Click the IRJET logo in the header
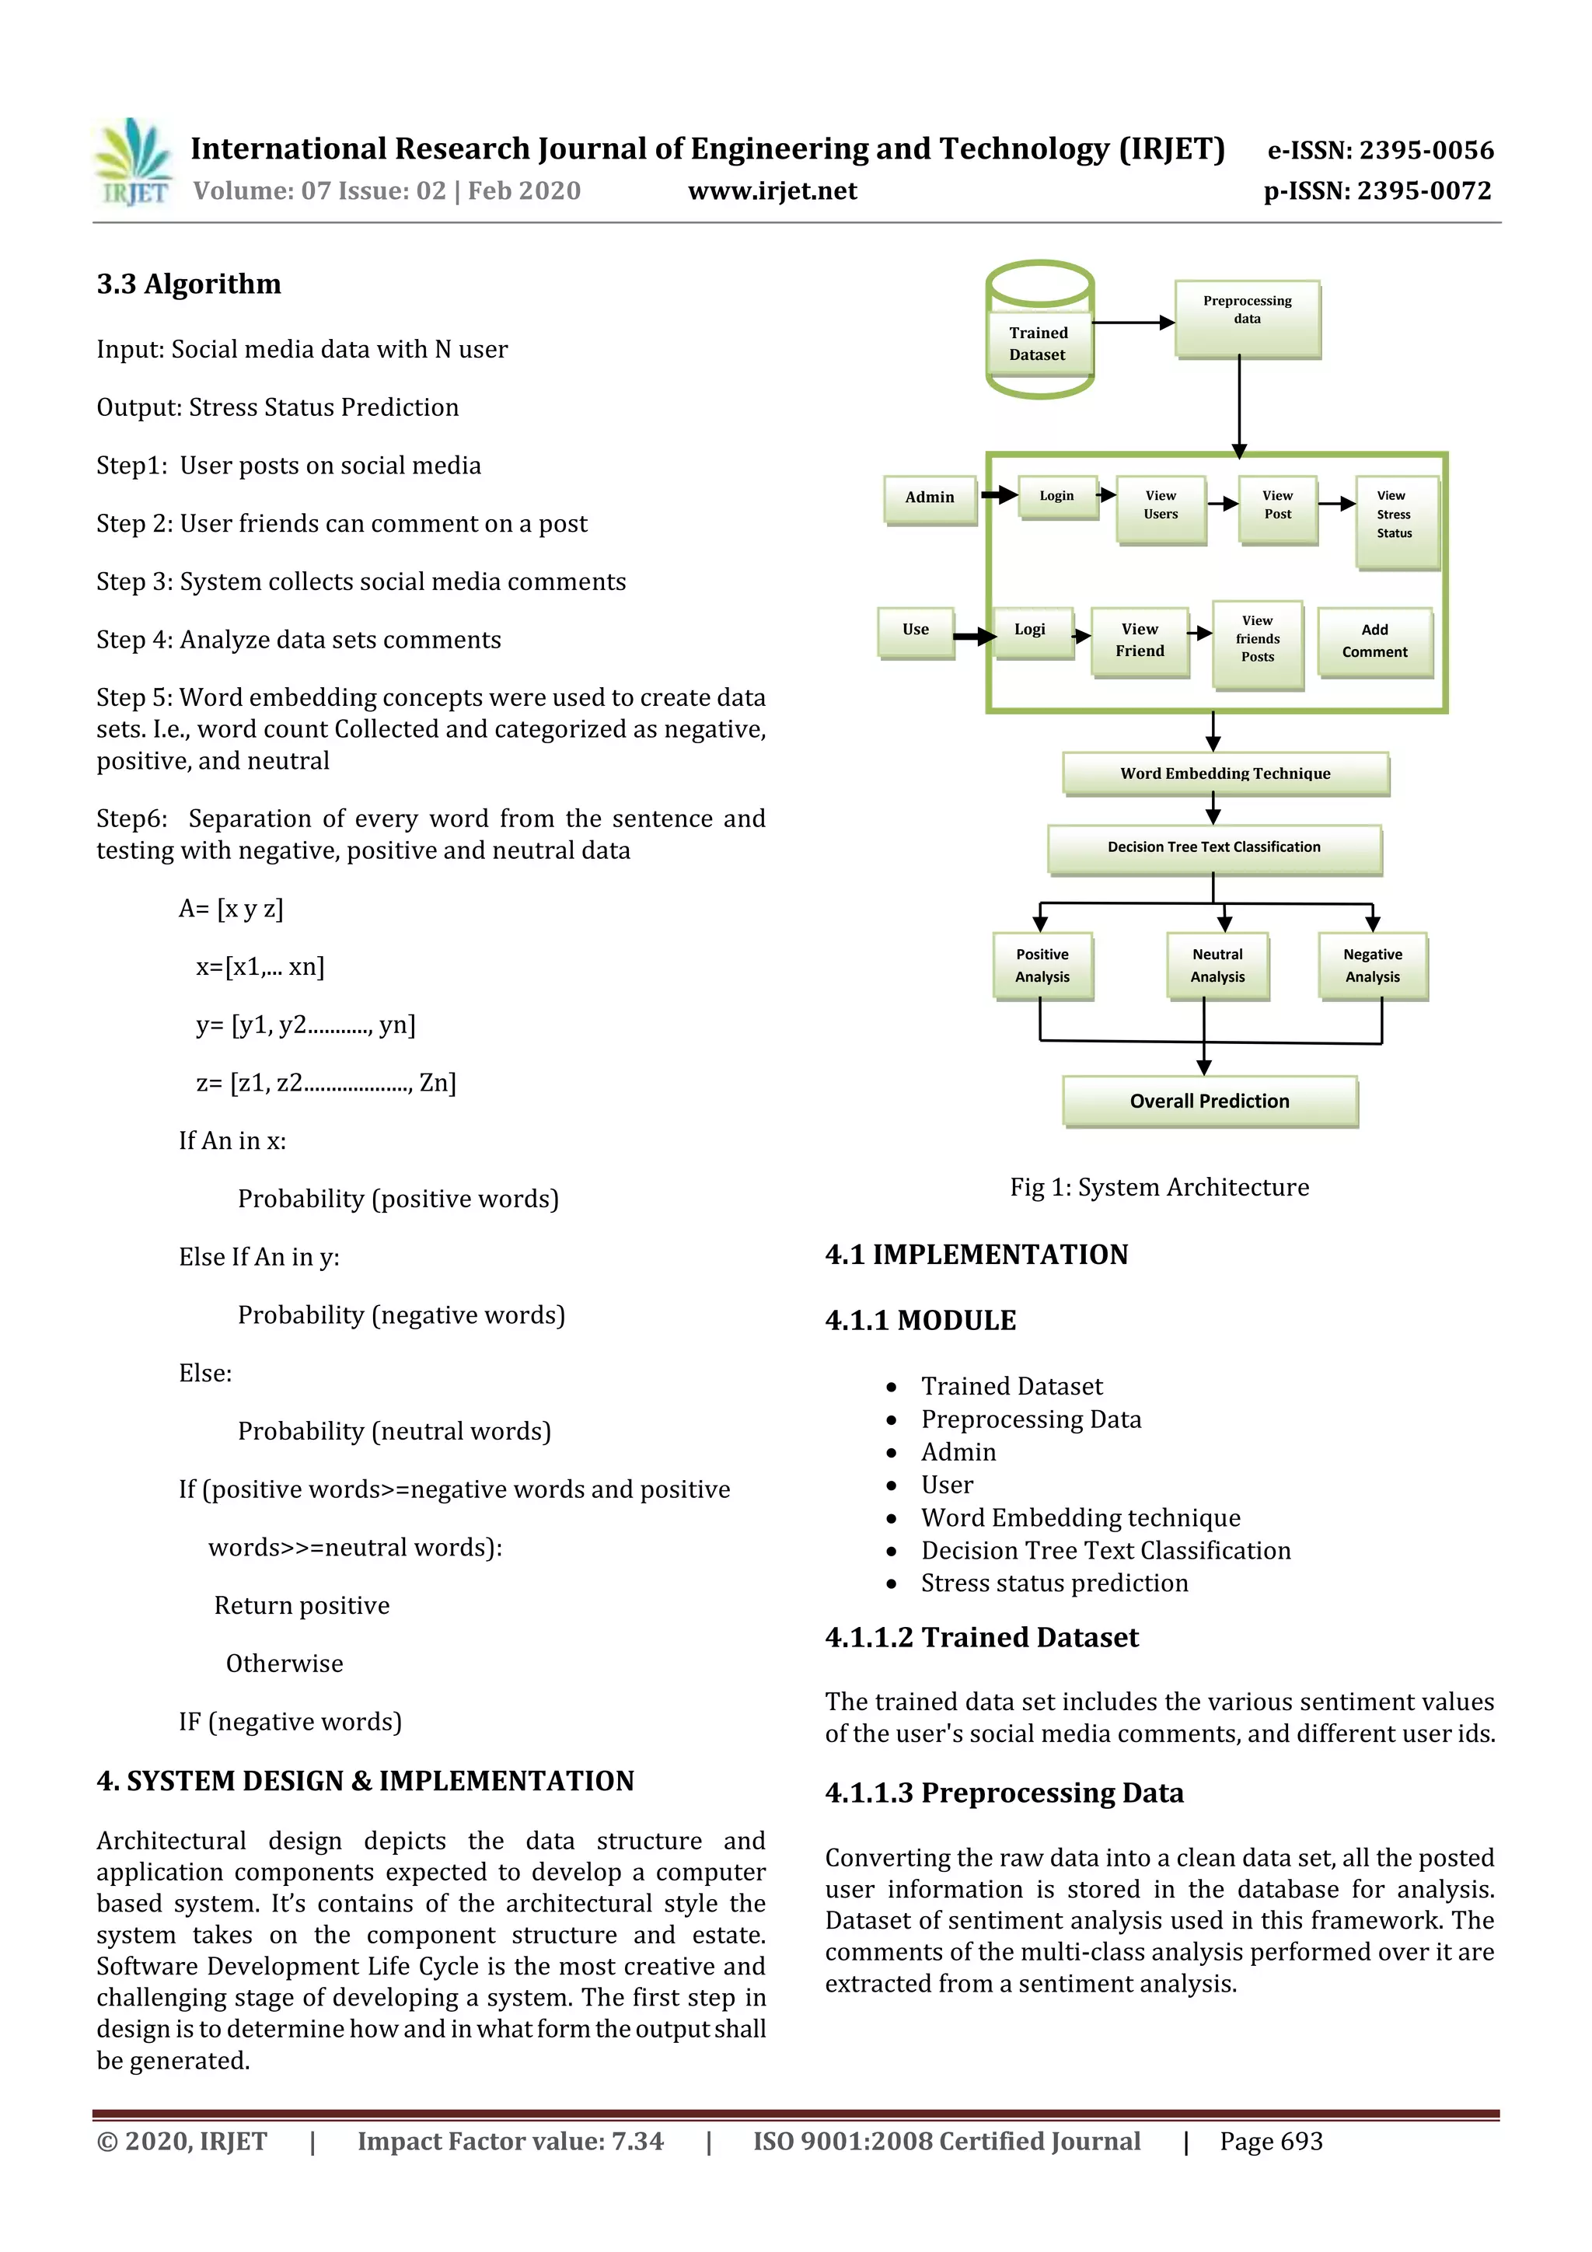[134, 162]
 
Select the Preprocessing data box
[1247, 319]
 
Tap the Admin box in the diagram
[929, 498]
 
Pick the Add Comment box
[1374, 641]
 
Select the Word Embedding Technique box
[1225, 773]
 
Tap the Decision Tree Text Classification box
[1213, 847]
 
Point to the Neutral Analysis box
[1217, 965]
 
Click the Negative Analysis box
[1372, 965]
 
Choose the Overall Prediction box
[1210, 1101]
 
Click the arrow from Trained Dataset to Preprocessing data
[1132, 323]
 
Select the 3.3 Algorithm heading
[188, 285]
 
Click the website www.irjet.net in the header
[772, 191]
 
